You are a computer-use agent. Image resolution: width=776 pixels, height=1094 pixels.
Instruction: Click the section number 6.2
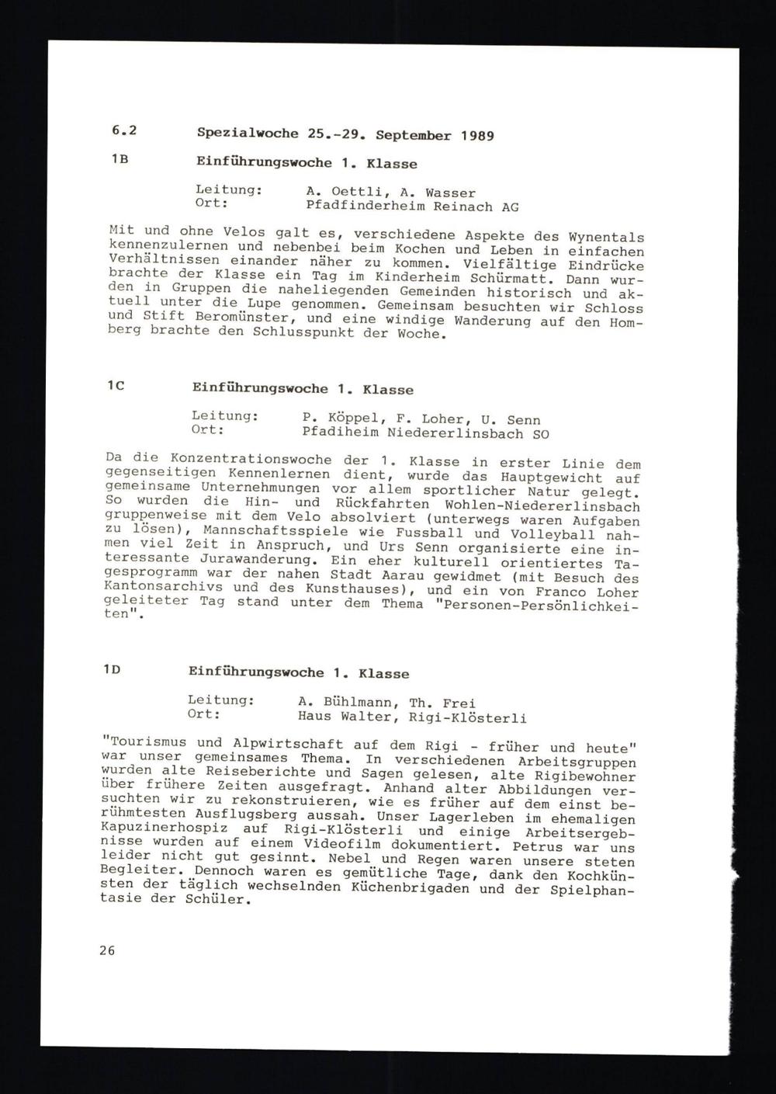pos(123,131)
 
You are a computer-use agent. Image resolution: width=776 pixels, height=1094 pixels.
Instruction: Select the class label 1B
pos(120,159)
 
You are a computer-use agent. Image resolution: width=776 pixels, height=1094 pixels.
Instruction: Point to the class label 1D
pos(111,669)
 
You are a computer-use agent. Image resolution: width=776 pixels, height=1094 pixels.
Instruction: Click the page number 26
pos(107,950)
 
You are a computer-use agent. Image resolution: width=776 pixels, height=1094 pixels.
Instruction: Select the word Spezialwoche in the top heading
pos(248,133)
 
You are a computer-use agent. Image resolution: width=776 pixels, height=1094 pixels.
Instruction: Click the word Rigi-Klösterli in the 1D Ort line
pos(476,718)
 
